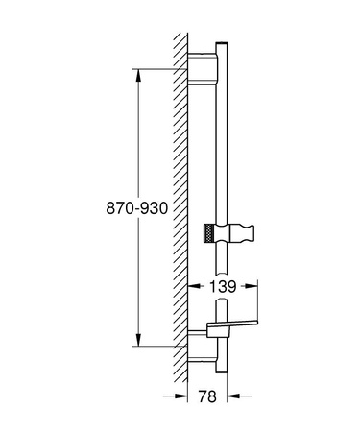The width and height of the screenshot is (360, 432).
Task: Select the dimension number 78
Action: pos(208,396)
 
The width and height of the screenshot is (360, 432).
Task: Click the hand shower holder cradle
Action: pos(242,232)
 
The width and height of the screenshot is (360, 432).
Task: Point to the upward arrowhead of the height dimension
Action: pos(140,74)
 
